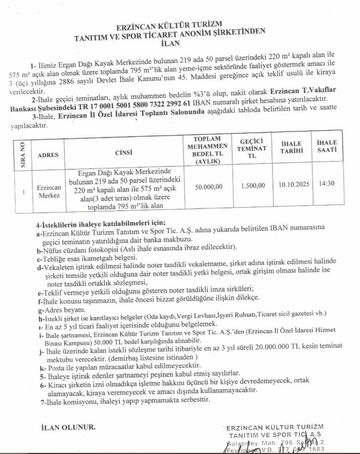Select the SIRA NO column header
tap(22, 154)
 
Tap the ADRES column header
tap(48, 154)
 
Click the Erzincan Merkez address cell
tap(48, 190)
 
